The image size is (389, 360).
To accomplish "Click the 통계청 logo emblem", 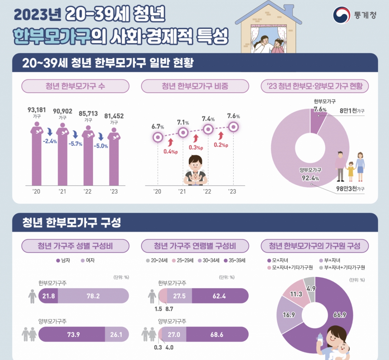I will (342, 15).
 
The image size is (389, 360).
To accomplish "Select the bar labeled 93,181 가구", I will (37, 156).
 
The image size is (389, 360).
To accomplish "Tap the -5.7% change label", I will (76, 144).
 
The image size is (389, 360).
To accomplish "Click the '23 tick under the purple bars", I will (114, 191).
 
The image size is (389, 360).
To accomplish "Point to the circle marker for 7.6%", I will (233, 127).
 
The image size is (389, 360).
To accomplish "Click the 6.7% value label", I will (158, 126).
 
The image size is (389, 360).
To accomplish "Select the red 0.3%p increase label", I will (196, 148).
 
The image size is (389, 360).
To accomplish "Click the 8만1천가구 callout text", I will (352, 111).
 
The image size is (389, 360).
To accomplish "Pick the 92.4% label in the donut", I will (310, 178).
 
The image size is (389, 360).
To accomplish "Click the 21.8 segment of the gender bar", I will (48, 296).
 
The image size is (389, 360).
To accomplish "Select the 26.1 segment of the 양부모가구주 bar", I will (116, 334).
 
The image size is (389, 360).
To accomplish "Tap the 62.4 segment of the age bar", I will (219, 296).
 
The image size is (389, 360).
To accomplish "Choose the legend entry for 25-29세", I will (183, 260).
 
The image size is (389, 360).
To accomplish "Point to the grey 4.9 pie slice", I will (310, 286).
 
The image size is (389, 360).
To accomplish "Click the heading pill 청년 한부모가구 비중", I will (195, 86).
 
